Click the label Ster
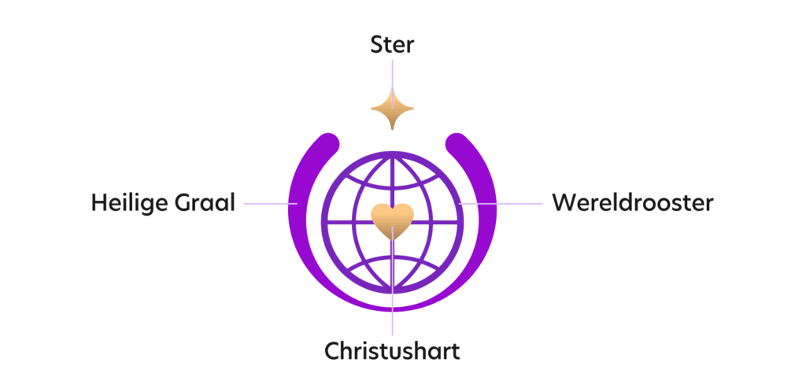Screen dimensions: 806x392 click(x=392, y=45)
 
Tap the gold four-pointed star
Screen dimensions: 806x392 click(x=392, y=109)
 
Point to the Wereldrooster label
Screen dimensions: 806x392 click(x=633, y=203)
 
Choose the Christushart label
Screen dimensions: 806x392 click(x=392, y=351)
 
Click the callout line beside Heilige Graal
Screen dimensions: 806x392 click(x=271, y=203)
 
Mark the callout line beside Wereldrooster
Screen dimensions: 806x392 click(x=501, y=203)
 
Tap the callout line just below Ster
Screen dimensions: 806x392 click(x=392, y=83)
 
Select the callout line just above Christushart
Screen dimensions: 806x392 click(x=392, y=280)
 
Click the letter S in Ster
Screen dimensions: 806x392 click(x=377, y=45)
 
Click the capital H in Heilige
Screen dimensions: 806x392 click(x=98, y=203)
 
